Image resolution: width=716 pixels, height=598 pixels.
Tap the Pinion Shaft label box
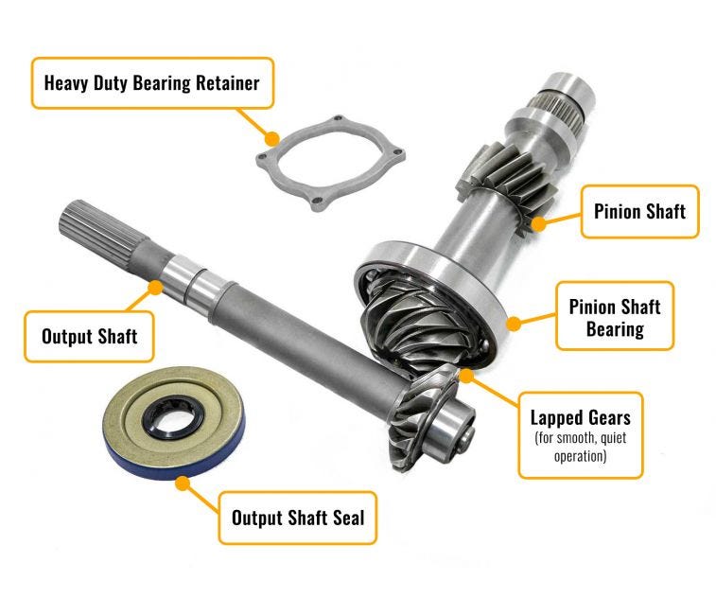(x=638, y=210)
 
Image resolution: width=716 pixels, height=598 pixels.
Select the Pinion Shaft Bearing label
(x=614, y=317)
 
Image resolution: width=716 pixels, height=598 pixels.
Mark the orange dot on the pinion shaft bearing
(x=515, y=323)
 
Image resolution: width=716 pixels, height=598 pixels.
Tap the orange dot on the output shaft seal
(x=186, y=480)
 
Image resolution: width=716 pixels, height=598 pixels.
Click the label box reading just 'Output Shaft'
(x=90, y=336)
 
